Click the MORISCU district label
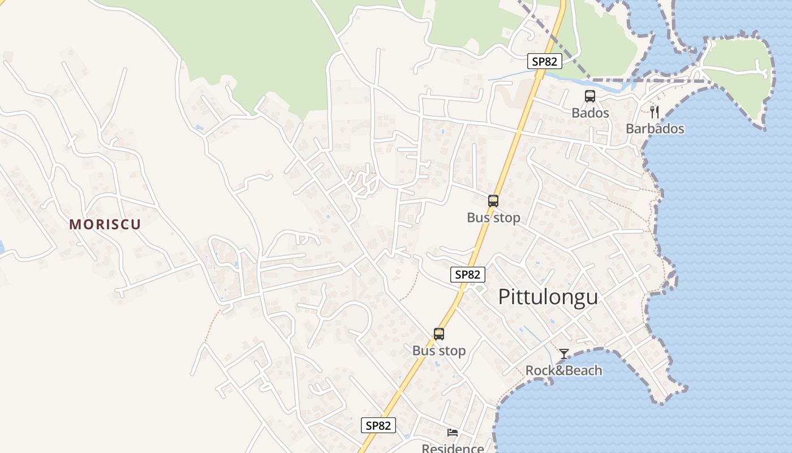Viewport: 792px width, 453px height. pos(105,224)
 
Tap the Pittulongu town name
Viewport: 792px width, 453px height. pos(548,297)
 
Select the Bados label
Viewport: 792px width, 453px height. pos(590,113)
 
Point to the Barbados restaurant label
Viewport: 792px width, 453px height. pos(655,129)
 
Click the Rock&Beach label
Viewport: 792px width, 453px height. pos(563,370)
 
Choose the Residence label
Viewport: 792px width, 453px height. pos(453,448)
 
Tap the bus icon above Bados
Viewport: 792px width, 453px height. pos(590,96)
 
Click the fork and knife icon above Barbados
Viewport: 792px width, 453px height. pos(655,112)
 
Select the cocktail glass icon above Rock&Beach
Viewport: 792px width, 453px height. pos(564,354)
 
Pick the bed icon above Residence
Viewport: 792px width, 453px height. pos(453,433)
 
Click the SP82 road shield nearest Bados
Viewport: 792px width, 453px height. pos(544,61)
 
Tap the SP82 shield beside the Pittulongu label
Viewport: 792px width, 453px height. pos(468,275)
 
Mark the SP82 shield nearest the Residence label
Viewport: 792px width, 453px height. pos(378,425)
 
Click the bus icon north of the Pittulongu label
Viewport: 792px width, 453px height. pos(493,201)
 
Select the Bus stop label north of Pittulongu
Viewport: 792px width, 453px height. pos(493,217)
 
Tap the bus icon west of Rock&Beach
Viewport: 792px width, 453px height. pos(439,334)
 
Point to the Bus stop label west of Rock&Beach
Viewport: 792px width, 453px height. pos(439,351)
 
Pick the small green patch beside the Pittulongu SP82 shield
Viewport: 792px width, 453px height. pos(480,289)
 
